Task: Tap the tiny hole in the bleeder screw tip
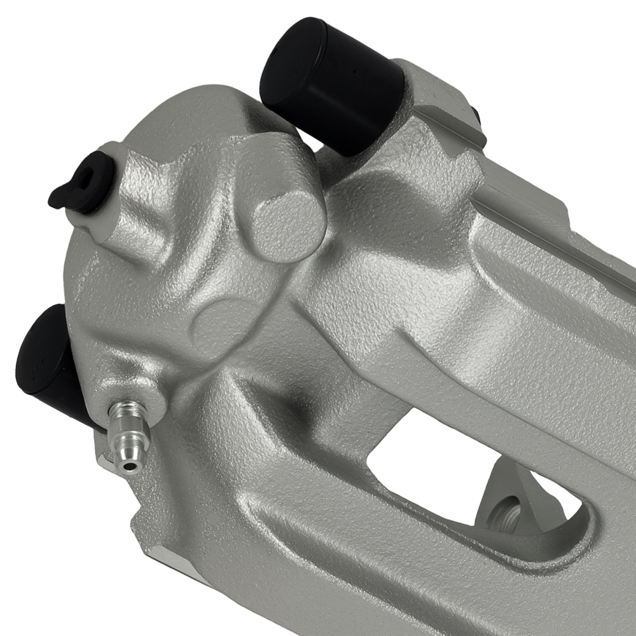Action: tap(130, 466)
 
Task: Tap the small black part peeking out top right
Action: tap(476, 114)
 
